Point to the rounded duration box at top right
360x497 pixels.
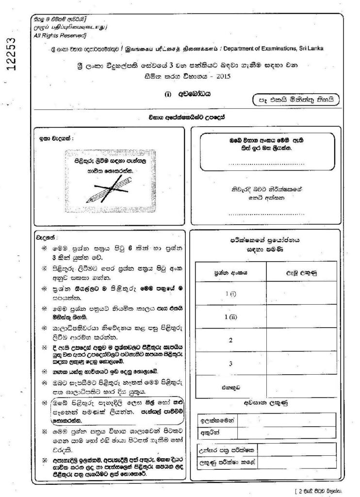tap(295, 100)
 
